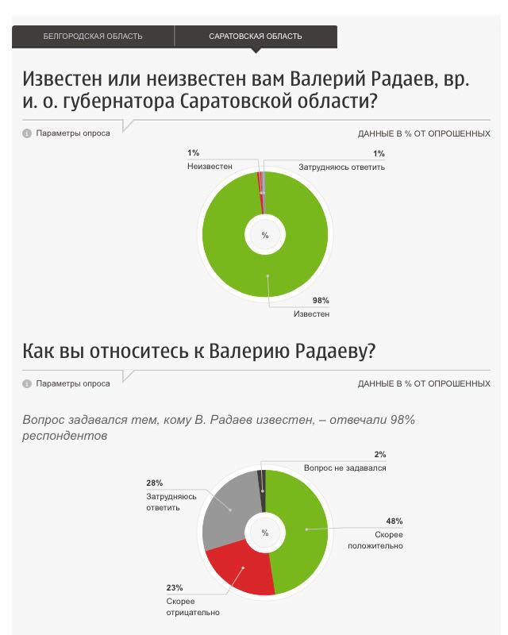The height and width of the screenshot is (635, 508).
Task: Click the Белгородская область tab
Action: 93,37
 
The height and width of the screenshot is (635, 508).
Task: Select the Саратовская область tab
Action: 256,37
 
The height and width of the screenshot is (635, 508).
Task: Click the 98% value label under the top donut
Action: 321,300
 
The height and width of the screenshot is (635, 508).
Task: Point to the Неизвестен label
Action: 210,167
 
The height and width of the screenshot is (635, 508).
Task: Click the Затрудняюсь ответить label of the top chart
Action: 341,167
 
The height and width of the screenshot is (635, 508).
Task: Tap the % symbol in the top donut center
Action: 265,236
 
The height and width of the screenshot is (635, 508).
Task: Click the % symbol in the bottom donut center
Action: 265,533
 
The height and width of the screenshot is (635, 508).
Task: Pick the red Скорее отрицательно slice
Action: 243,572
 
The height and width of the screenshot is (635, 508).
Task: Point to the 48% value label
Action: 394,521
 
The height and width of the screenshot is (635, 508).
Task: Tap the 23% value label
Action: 175,588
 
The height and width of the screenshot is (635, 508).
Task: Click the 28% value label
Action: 154,483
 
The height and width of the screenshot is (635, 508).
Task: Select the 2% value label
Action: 379,455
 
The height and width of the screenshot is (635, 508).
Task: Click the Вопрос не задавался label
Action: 344,468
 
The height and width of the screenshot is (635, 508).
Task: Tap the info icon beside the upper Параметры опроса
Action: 26,133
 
